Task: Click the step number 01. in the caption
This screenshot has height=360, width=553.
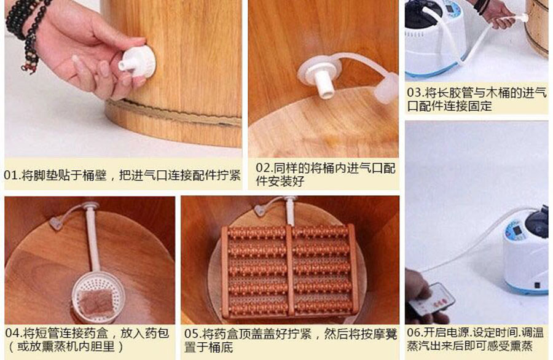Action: pos(13,175)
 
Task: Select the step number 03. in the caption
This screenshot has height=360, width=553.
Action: pos(416,92)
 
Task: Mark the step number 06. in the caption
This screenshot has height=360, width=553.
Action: pos(416,332)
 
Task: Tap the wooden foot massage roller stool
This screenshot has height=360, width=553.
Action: pos(289,270)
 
